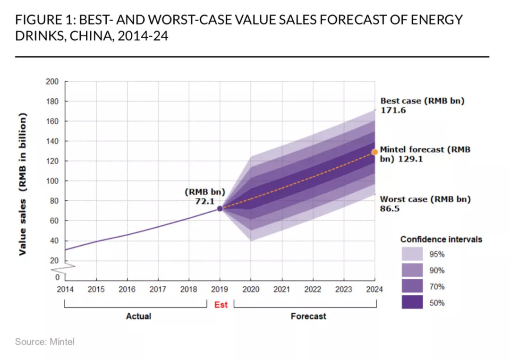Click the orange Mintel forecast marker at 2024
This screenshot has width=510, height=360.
pos(375,152)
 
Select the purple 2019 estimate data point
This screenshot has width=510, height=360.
pos(220,208)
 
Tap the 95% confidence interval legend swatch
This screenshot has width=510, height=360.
pos(412,254)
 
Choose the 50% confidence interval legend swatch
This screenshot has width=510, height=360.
pos(412,302)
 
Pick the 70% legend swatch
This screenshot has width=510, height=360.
pos(412,286)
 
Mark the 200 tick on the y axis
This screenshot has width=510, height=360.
pos(52,82)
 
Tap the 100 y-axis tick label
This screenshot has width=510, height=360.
pos(52,181)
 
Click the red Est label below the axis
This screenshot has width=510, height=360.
pos(221,305)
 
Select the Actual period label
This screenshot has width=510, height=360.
pos(138,316)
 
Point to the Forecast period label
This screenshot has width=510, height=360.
pos(308,316)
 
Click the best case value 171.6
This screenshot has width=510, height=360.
pos(393,111)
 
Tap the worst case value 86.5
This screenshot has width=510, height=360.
pos(390,208)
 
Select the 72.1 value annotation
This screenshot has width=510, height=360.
pos(204,201)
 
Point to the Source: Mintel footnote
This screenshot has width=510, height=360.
pos(44,342)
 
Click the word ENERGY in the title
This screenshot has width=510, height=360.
pos(434,20)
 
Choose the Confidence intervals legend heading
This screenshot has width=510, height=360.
pos(441,240)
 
